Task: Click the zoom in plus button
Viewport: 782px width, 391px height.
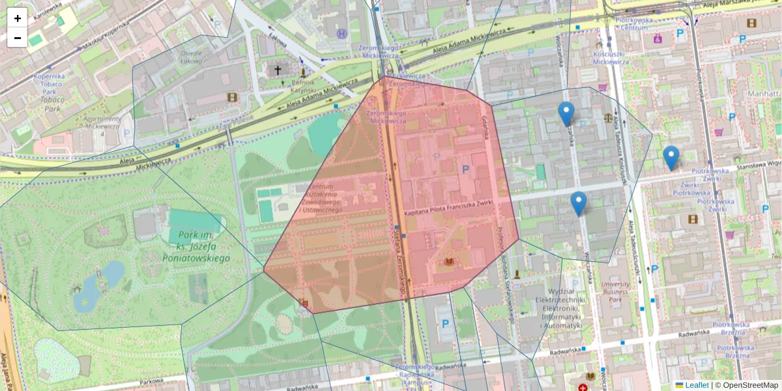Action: point(17,18)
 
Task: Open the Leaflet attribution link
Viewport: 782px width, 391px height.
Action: point(697,385)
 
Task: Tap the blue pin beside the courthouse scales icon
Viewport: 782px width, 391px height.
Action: point(566,114)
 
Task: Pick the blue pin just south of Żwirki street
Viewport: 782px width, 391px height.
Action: point(578,204)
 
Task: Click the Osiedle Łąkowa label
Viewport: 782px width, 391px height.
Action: point(191,57)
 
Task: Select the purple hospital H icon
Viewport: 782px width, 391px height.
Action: point(341,33)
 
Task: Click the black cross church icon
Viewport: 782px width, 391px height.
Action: point(278,69)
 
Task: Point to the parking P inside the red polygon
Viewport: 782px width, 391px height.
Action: point(465,169)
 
